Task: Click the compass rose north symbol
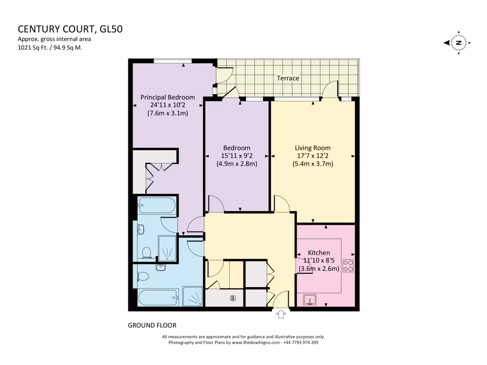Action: point(458,43)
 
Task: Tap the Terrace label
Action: point(289,78)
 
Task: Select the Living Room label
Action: point(312,148)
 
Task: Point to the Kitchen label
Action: point(319,252)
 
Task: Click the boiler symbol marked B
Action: point(233,298)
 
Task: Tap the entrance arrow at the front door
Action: point(281,314)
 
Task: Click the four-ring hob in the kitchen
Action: point(348,266)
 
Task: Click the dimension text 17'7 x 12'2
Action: point(312,156)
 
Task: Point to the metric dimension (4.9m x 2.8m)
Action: point(236,164)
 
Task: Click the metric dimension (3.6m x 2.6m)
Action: point(319,269)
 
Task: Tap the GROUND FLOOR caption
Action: point(152,326)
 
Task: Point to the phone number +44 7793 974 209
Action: point(301,342)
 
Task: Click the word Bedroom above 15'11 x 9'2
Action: point(236,148)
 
